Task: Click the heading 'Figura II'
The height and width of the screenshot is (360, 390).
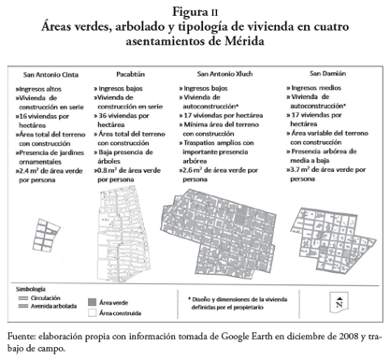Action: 195,11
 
